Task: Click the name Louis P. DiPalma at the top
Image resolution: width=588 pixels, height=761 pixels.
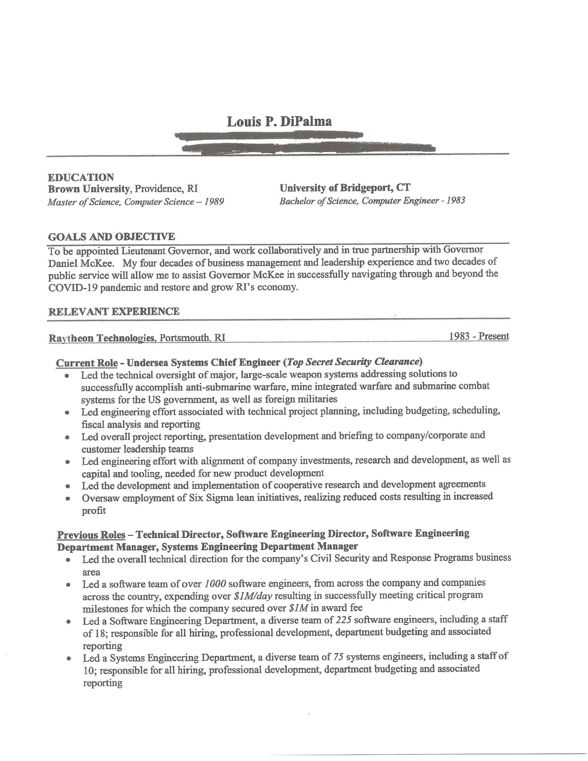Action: click(x=279, y=121)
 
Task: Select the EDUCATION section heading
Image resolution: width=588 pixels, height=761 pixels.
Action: click(x=81, y=177)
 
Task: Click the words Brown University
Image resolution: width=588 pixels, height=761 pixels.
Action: click(x=89, y=189)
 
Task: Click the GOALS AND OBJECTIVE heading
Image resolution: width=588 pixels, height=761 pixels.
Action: click(x=111, y=237)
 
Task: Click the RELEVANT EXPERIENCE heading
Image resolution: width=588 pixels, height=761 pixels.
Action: click(x=114, y=311)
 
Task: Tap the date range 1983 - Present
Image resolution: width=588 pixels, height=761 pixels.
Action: click(x=479, y=336)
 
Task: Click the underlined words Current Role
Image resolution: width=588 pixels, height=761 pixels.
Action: click(x=87, y=363)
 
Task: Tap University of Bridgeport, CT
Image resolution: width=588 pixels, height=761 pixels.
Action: click(x=345, y=188)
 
